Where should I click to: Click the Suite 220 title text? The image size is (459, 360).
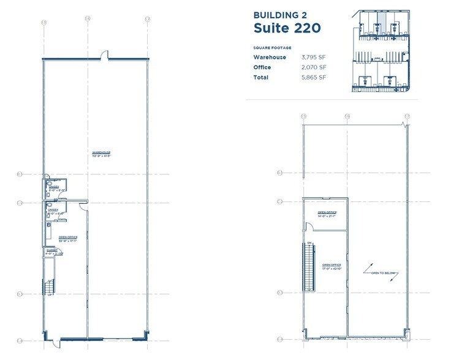click(285, 28)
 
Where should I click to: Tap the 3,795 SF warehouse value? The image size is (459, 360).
click(314, 57)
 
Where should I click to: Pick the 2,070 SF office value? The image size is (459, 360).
click(314, 67)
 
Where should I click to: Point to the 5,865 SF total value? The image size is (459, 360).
click(314, 78)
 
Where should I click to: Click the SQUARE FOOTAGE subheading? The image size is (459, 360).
click(272, 47)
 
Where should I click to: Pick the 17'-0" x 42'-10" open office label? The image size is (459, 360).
click(332, 267)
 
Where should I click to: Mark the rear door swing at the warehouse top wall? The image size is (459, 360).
click(106, 56)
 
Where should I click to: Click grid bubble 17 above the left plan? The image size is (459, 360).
click(147, 20)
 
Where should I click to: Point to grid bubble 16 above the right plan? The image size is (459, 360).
click(347, 116)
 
